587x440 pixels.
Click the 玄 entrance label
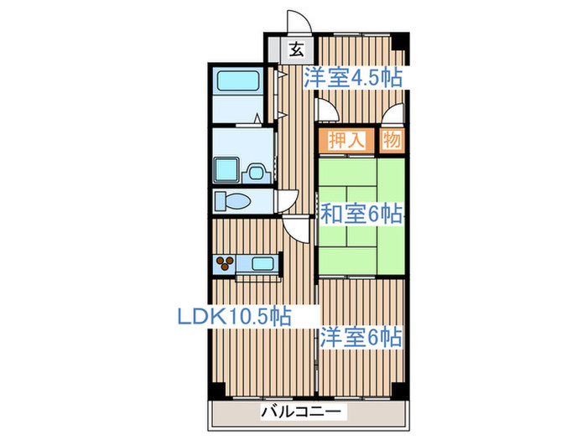[295, 49]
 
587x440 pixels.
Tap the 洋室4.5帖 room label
[353, 78]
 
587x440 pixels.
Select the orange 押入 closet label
[345, 139]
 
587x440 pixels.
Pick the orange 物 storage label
[391, 139]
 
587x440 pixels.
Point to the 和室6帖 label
[361, 215]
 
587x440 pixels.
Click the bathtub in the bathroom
[240, 81]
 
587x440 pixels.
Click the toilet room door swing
[286, 199]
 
